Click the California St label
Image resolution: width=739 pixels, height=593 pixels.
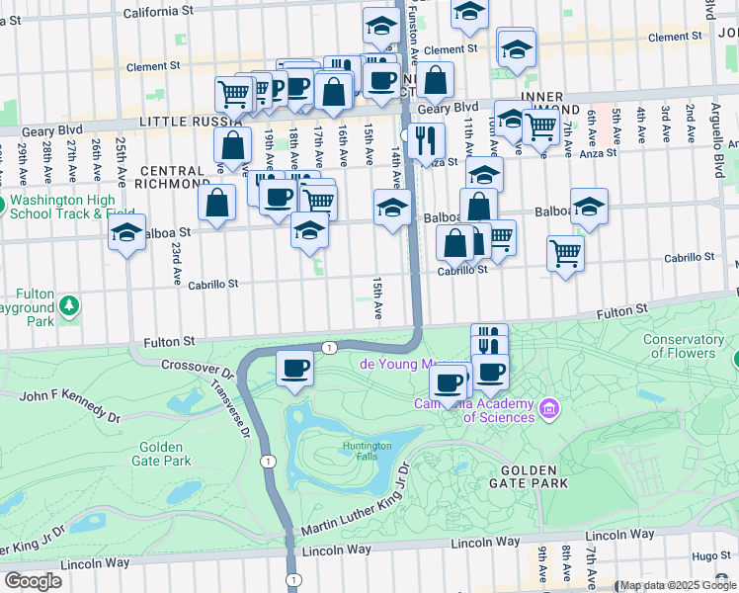click(159, 12)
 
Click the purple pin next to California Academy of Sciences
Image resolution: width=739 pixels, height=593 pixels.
click(549, 407)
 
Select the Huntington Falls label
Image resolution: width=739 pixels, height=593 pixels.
click(367, 451)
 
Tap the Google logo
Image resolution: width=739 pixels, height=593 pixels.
click(33, 581)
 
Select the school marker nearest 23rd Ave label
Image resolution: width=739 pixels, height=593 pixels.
click(126, 234)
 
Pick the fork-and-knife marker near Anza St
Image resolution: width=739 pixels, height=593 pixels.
click(426, 140)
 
